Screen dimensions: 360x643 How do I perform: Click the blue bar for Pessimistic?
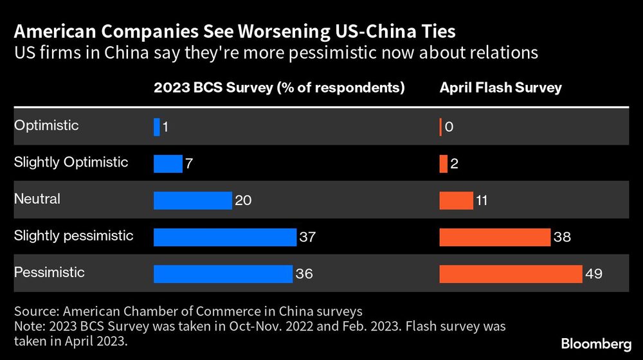pyautogui.click(x=222, y=274)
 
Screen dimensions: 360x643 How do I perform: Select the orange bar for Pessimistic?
pyautogui.click(x=511, y=274)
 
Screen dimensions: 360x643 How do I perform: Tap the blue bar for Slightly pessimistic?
pyautogui.click(x=224, y=237)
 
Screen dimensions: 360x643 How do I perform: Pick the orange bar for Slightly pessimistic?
pyautogui.click(x=494, y=237)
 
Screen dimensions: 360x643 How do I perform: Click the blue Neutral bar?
pyautogui.click(x=192, y=201)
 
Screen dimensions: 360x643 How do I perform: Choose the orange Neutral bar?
pyautogui.click(x=456, y=201)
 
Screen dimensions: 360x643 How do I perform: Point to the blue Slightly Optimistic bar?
pyautogui.click(x=168, y=164)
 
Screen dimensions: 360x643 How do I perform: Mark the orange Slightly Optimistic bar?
pyautogui.click(x=443, y=164)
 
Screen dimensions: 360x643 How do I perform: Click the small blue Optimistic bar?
pyautogui.click(x=156, y=127)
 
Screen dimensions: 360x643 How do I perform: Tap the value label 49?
pyautogui.click(x=593, y=274)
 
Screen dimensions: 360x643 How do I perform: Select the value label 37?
pyautogui.click(x=307, y=237)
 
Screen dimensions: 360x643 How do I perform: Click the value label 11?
pyautogui.click(x=481, y=201)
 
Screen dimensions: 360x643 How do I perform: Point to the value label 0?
pyautogui.click(x=449, y=127)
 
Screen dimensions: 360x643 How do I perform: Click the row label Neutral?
pyautogui.click(x=37, y=199)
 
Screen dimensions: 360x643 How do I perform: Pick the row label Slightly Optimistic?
pyautogui.click(x=71, y=163)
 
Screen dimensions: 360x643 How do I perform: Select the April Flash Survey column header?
pyautogui.click(x=500, y=87)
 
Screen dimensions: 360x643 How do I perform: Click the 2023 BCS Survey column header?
pyautogui.click(x=279, y=87)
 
